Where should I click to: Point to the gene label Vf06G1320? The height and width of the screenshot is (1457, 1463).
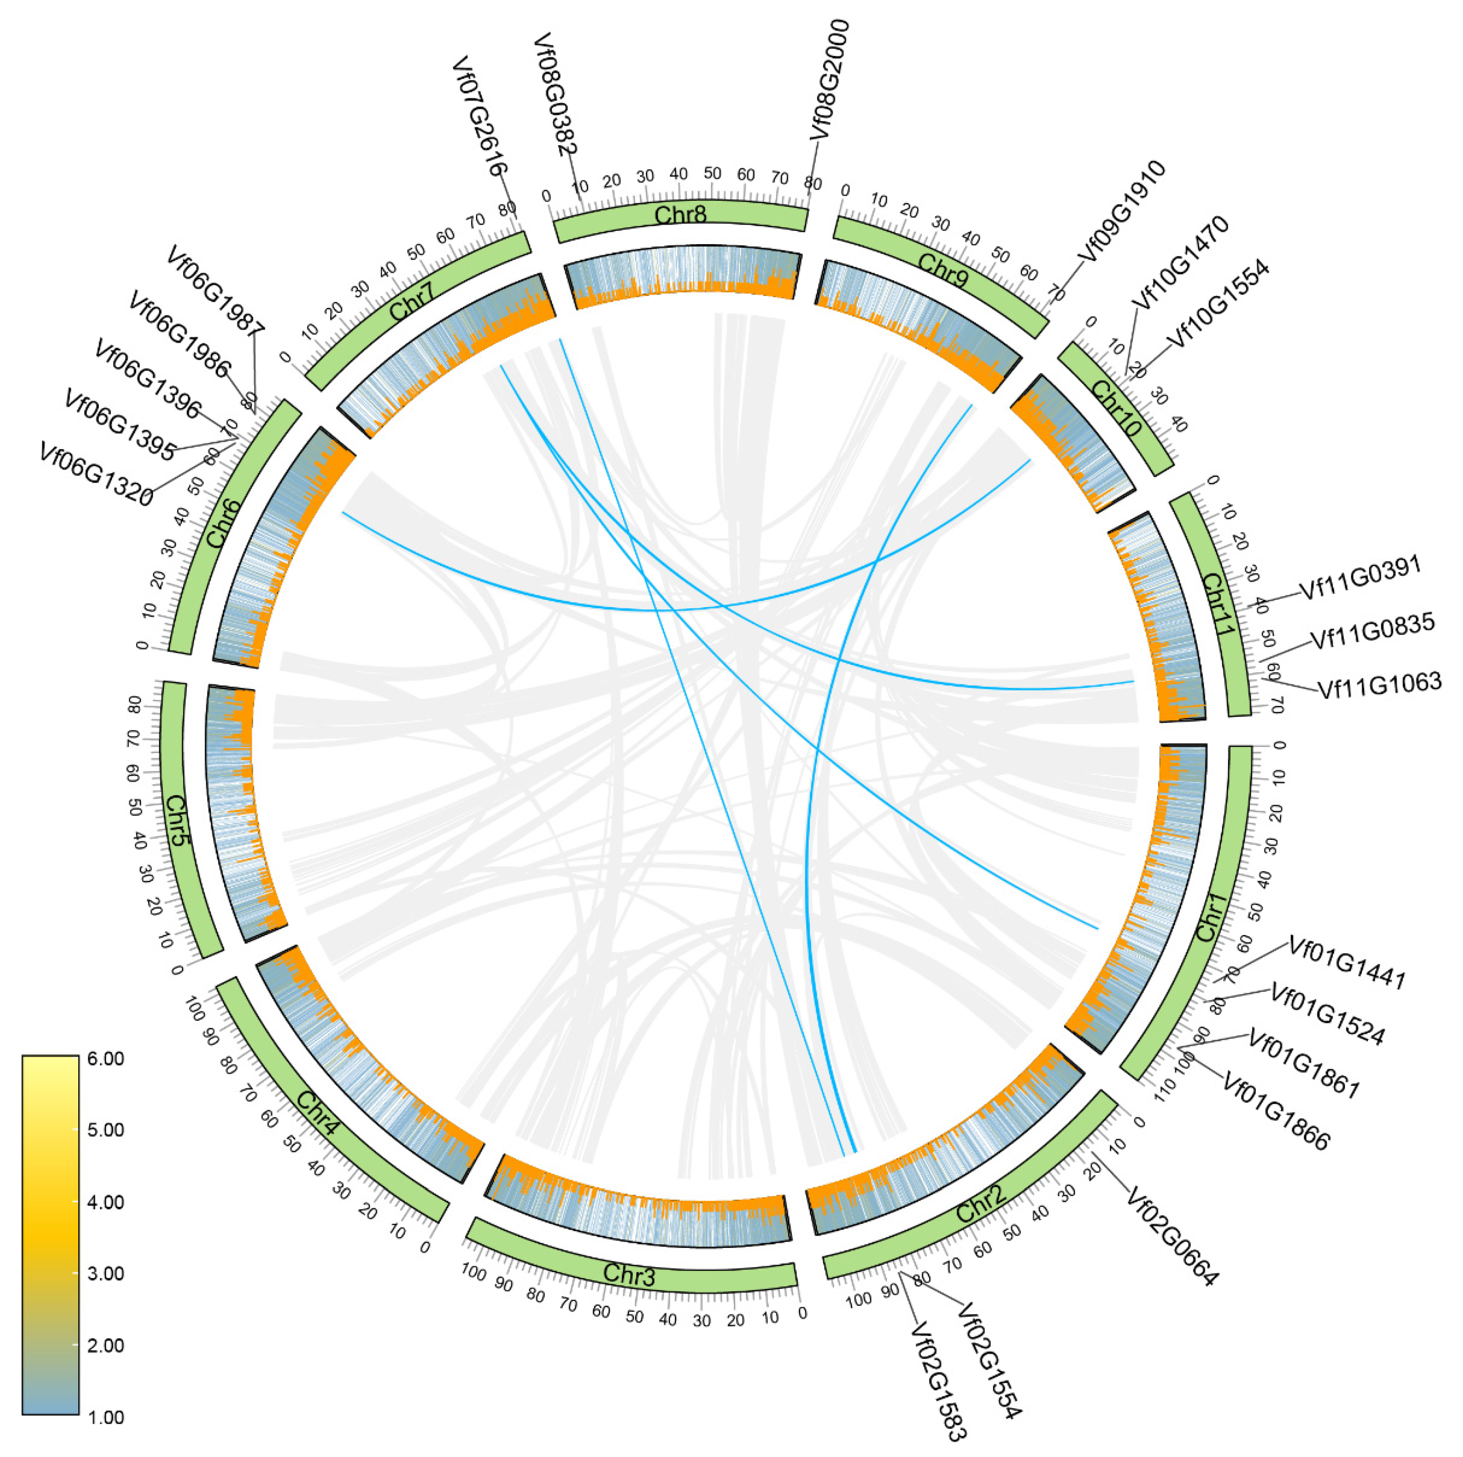(x=96, y=475)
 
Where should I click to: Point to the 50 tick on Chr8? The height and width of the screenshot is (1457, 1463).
(x=712, y=174)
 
